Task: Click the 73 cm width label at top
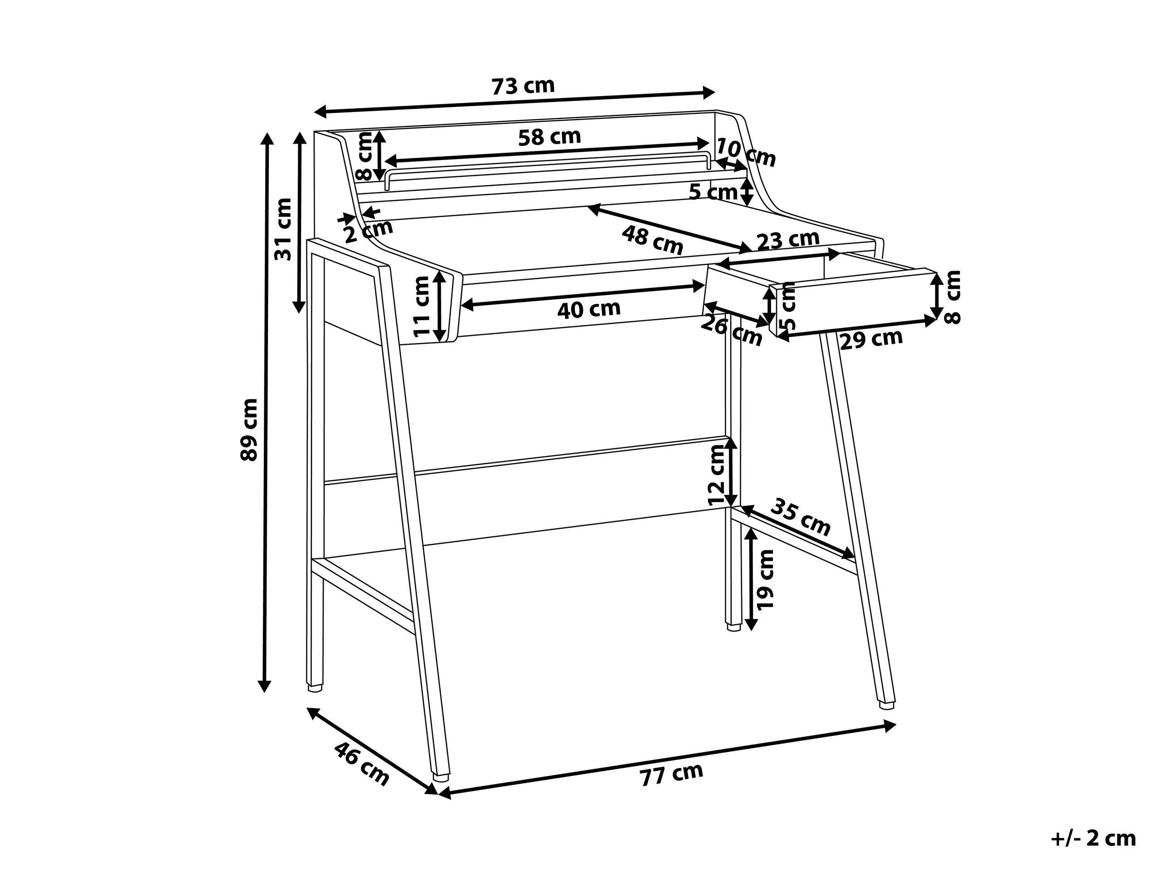coord(523,86)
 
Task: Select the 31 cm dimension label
coord(283,229)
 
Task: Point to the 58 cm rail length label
coord(549,137)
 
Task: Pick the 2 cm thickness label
coord(369,231)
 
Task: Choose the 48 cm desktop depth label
coord(653,240)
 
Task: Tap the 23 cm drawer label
coord(788,240)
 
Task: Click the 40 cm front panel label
coord(589,309)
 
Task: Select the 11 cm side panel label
coord(422,306)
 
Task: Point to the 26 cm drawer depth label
coord(732,331)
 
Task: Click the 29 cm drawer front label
coord(872,339)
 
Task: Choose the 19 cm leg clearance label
coord(766,578)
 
